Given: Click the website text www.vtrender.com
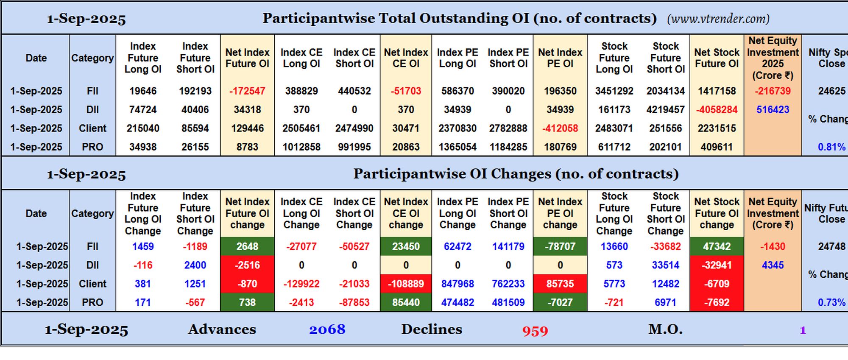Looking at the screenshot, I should [x=718, y=19].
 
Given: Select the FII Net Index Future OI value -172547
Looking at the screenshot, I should [x=247, y=91].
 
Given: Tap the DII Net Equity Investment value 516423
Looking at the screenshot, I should [x=773, y=110].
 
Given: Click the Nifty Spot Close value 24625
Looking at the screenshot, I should [x=831, y=91].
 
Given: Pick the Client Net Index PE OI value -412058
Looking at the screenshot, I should [x=560, y=128].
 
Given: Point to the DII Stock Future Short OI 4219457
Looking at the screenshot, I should [x=665, y=110].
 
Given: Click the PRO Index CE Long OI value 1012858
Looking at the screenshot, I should [x=301, y=147].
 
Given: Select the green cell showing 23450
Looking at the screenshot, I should [x=406, y=246].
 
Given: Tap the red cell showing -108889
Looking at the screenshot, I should [x=406, y=284].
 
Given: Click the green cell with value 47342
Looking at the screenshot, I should [x=717, y=246].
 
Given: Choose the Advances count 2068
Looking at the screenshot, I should [x=327, y=329].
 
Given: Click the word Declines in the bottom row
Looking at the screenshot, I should [x=432, y=329].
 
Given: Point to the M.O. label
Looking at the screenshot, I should [x=665, y=329].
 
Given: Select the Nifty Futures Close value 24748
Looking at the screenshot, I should [x=831, y=246].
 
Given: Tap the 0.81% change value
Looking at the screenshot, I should [x=831, y=147].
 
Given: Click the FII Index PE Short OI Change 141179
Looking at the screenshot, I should [x=508, y=246].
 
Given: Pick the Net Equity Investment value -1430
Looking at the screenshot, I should [x=773, y=246].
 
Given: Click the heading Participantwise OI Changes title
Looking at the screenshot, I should [x=516, y=174].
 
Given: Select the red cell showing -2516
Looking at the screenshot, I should [x=247, y=265].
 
